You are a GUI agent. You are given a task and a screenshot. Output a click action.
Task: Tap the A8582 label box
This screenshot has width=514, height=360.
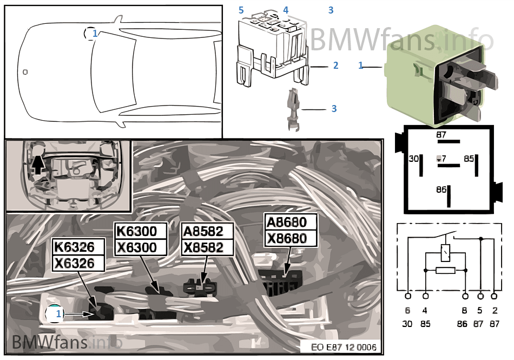pyautogui.click(x=203, y=231)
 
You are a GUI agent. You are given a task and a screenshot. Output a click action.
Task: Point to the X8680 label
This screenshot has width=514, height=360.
pyautogui.click(x=286, y=238)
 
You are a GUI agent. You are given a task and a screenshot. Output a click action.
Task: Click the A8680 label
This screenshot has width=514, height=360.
pyautogui.click(x=286, y=222)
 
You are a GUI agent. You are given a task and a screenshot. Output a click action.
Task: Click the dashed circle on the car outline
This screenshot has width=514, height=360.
pyautogui.click(x=90, y=33)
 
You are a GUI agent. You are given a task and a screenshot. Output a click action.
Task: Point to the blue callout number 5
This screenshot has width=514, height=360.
pyautogui.click(x=241, y=10)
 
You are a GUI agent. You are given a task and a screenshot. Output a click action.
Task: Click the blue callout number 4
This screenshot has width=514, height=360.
pyautogui.click(x=286, y=10)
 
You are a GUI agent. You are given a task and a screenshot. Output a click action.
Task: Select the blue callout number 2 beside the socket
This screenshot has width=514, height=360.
pyautogui.click(x=335, y=66)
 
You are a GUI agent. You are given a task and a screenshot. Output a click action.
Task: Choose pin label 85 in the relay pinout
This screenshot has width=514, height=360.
pyautogui.click(x=469, y=159)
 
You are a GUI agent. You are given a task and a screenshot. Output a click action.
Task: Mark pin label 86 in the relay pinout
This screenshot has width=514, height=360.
pyautogui.click(x=441, y=189)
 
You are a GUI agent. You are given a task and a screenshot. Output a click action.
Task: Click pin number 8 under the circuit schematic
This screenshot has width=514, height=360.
pyautogui.click(x=465, y=311)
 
